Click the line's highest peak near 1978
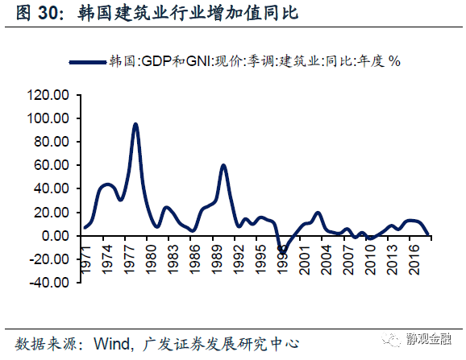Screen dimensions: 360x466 [x=135, y=124]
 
